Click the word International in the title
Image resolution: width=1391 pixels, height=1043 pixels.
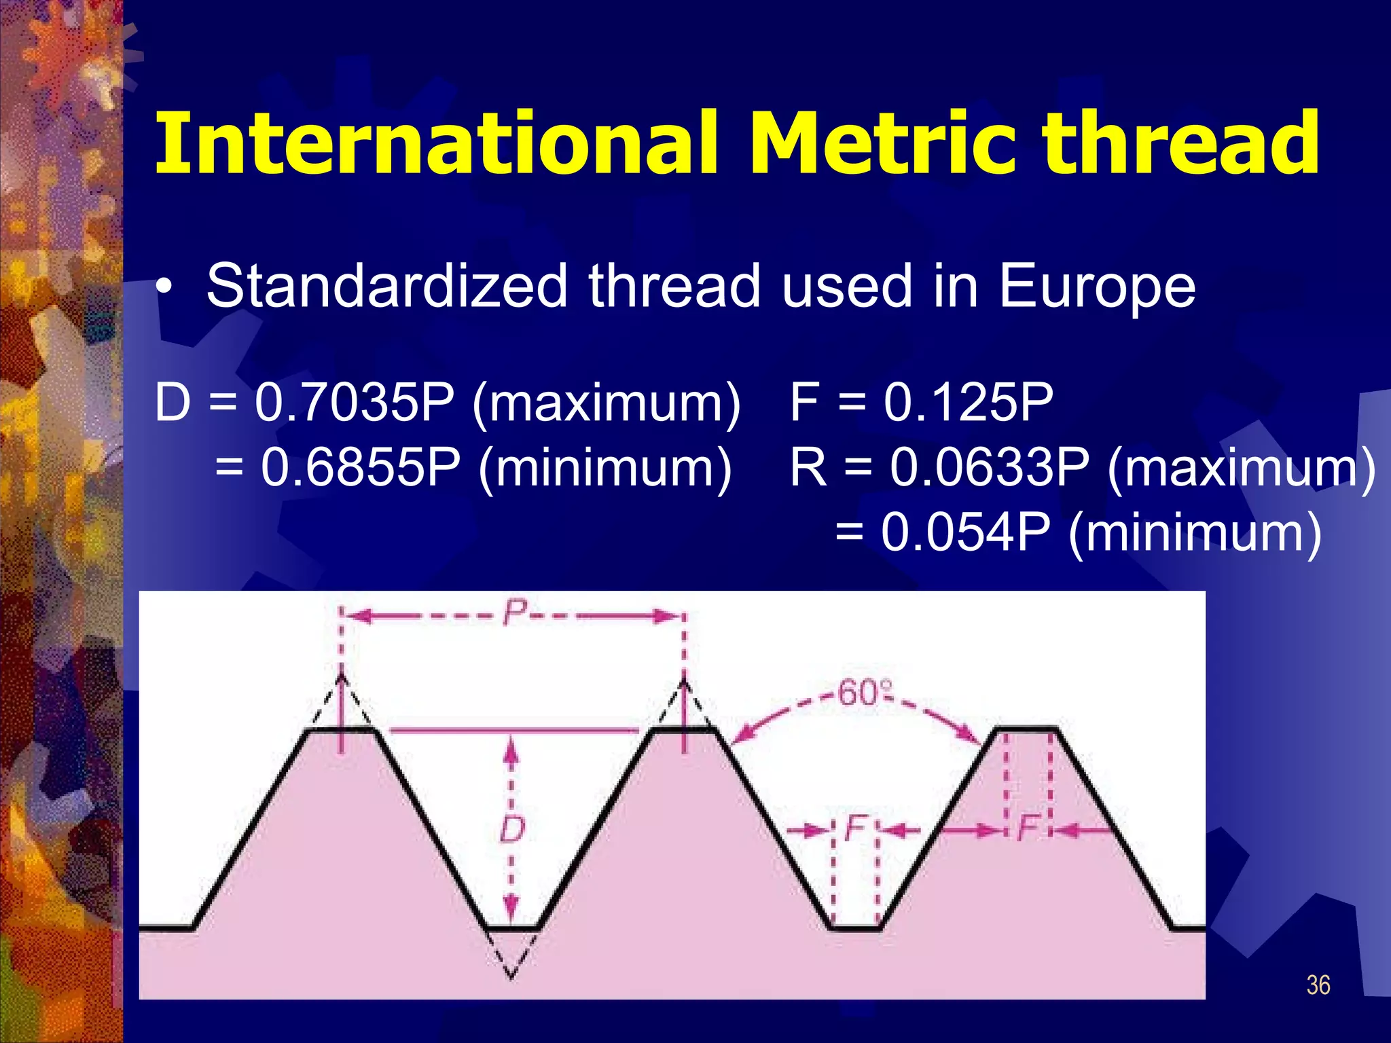(435, 144)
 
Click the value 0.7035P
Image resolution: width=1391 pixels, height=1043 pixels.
(354, 403)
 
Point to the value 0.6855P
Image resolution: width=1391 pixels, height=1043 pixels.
(360, 468)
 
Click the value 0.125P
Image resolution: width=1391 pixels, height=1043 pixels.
(968, 403)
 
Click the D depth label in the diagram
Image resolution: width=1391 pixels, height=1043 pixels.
(512, 829)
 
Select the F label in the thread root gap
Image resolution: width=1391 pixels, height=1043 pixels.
(855, 828)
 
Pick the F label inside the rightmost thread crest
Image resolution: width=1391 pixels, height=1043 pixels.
(1028, 828)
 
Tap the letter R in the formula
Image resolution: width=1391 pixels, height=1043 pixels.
(808, 468)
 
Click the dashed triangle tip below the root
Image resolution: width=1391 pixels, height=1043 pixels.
(511, 976)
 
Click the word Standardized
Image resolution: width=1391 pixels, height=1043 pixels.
(387, 286)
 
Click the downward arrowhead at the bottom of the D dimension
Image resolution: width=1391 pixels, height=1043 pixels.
(512, 910)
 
